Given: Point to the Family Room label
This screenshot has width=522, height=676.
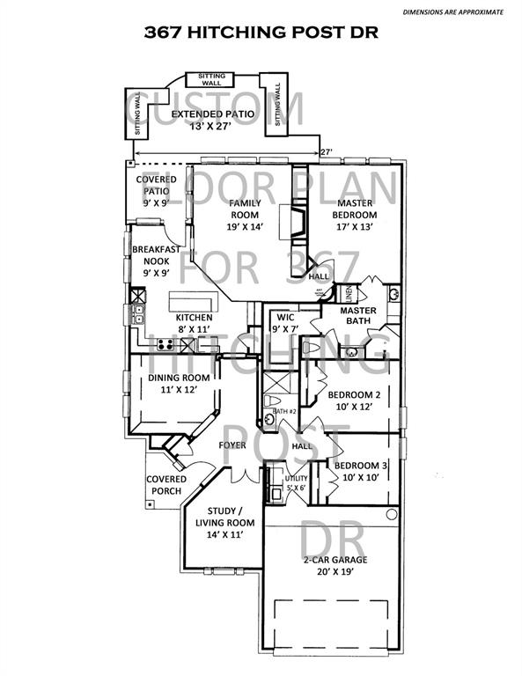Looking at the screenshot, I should pos(245,214).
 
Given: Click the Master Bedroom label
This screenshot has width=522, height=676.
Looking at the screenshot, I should pos(356,214).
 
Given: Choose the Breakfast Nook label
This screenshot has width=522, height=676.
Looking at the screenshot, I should pos(156,261).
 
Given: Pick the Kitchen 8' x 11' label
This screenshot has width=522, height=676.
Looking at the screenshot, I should pos(194,323).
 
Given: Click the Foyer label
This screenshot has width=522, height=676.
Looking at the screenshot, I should pos(232,445).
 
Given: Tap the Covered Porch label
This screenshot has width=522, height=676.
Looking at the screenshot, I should pos(166,485).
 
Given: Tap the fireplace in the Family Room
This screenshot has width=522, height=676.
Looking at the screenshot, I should pos(293,224).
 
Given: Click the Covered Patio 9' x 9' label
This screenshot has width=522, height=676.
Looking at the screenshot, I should pos(156,191).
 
